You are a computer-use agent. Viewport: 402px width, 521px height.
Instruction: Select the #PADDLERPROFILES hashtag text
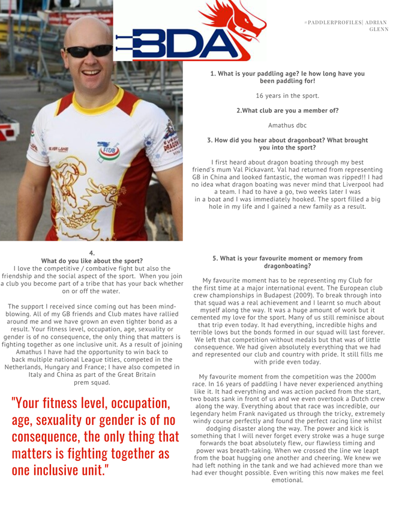tap(332, 22)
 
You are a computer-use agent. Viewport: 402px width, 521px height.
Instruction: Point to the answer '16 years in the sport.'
tap(287, 95)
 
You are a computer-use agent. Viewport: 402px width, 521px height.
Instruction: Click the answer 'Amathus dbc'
tap(287, 125)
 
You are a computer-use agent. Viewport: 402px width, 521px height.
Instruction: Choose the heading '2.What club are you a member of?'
tap(287, 110)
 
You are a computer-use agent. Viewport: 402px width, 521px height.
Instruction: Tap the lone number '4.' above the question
tap(91, 253)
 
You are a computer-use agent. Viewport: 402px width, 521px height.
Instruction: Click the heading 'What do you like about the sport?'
tap(91, 261)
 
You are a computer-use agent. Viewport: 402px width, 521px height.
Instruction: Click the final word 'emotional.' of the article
tap(287, 480)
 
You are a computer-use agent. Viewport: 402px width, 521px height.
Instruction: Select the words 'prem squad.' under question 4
tap(91, 382)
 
